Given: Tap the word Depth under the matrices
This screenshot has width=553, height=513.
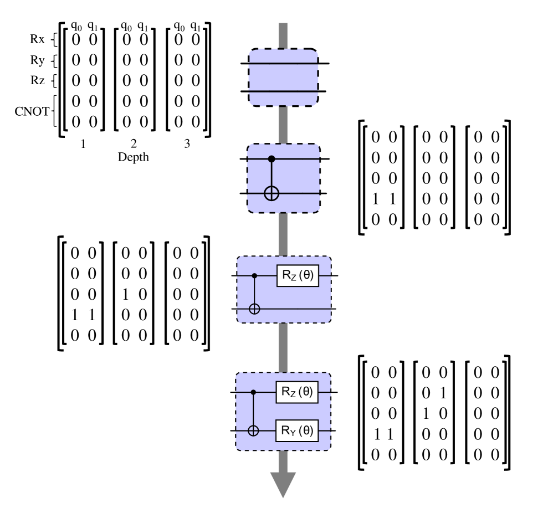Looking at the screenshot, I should point(134,157).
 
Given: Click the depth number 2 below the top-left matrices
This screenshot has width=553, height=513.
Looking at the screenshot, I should point(134,146).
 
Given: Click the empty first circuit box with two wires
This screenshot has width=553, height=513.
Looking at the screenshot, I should point(283,77).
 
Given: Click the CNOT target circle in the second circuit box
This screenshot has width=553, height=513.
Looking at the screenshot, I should point(272,193).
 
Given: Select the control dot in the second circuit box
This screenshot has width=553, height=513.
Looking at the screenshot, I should point(272,159).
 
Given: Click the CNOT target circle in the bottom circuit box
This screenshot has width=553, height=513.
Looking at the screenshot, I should point(254,430).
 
